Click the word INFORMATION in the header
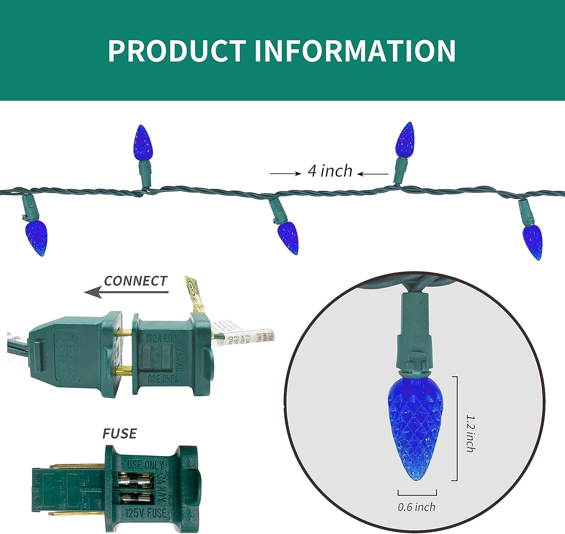355,51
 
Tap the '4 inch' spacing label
330,171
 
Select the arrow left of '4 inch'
285,173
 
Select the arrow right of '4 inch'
373,174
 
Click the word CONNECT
135,281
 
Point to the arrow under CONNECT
126,292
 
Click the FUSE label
119,434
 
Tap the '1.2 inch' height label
470,433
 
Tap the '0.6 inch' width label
417,507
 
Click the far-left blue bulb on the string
37,238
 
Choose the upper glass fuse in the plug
136,481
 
